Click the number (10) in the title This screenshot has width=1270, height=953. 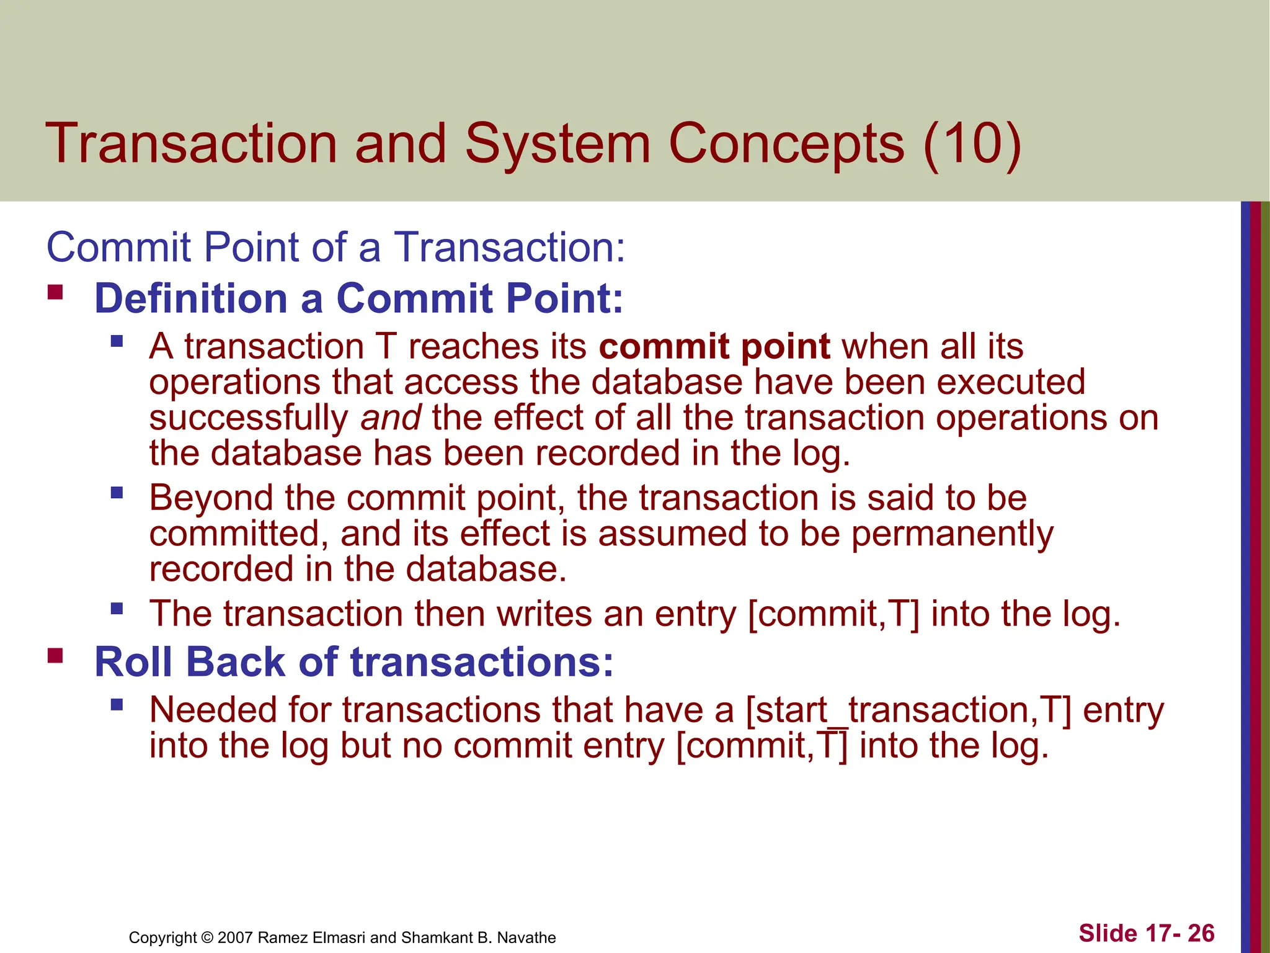pos(972,144)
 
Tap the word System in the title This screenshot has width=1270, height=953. pos(557,144)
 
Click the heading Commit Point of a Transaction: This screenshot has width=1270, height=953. pos(335,248)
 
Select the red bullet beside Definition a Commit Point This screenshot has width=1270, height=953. pos(55,292)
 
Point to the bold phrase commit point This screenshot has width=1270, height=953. pos(714,346)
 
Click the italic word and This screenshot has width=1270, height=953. pos(391,418)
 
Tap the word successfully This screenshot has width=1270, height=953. pos(249,419)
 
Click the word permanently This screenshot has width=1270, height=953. pos(952,535)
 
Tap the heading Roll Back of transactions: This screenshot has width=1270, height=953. pos(353,662)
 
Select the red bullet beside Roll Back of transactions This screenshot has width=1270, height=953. pos(55,655)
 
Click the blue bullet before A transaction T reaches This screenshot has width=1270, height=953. pos(117,341)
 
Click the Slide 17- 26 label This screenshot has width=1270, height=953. pos(1146,933)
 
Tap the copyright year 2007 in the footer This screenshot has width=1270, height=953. pos(235,937)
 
